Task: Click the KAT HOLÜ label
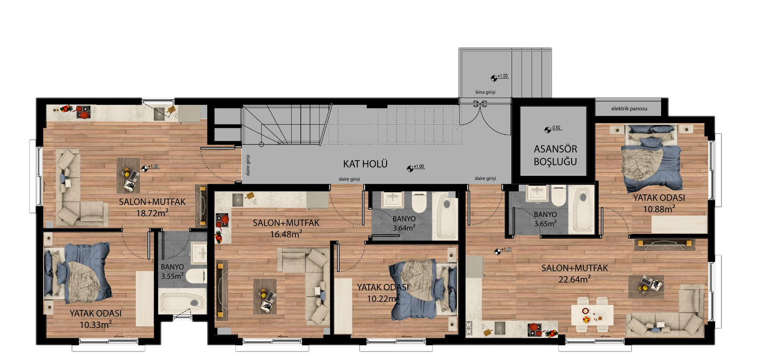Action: click(365, 164)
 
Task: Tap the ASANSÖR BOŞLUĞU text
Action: click(555, 155)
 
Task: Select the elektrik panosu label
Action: click(629, 109)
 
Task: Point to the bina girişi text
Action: click(485, 92)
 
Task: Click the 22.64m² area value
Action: click(575, 279)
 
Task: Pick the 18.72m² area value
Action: click(152, 213)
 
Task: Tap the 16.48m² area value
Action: click(286, 234)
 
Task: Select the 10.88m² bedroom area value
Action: click(659, 209)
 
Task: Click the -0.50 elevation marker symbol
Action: click(548, 130)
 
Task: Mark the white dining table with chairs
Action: click(592, 314)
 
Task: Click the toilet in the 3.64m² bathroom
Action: click(420, 203)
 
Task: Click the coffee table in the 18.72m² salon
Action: click(128, 175)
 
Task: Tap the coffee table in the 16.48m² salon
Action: click(265, 296)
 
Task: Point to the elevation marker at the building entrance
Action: click(494, 78)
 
